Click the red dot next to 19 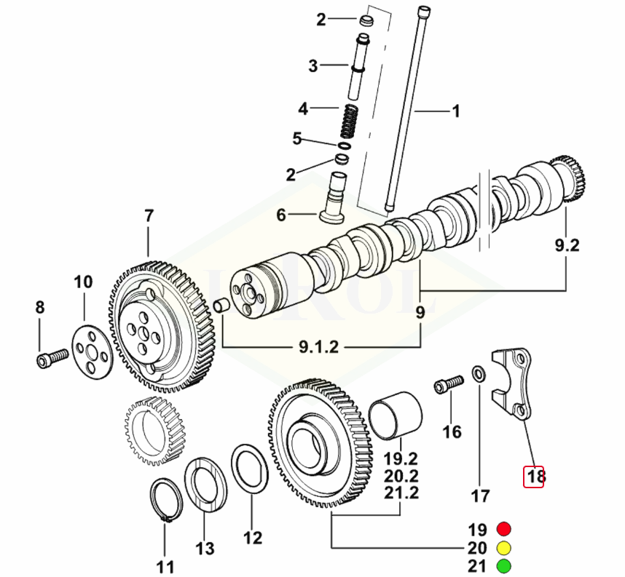tap(503, 528)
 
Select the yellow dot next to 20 tap(503, 547)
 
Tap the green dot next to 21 tap(503, 565)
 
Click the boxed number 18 tap(535, 477)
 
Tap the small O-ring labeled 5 tap(344, 146)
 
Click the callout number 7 tap(149, 216)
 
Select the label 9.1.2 tap(318, 348)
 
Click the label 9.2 tap(566, 247)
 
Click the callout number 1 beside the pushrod tap(456, 111)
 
